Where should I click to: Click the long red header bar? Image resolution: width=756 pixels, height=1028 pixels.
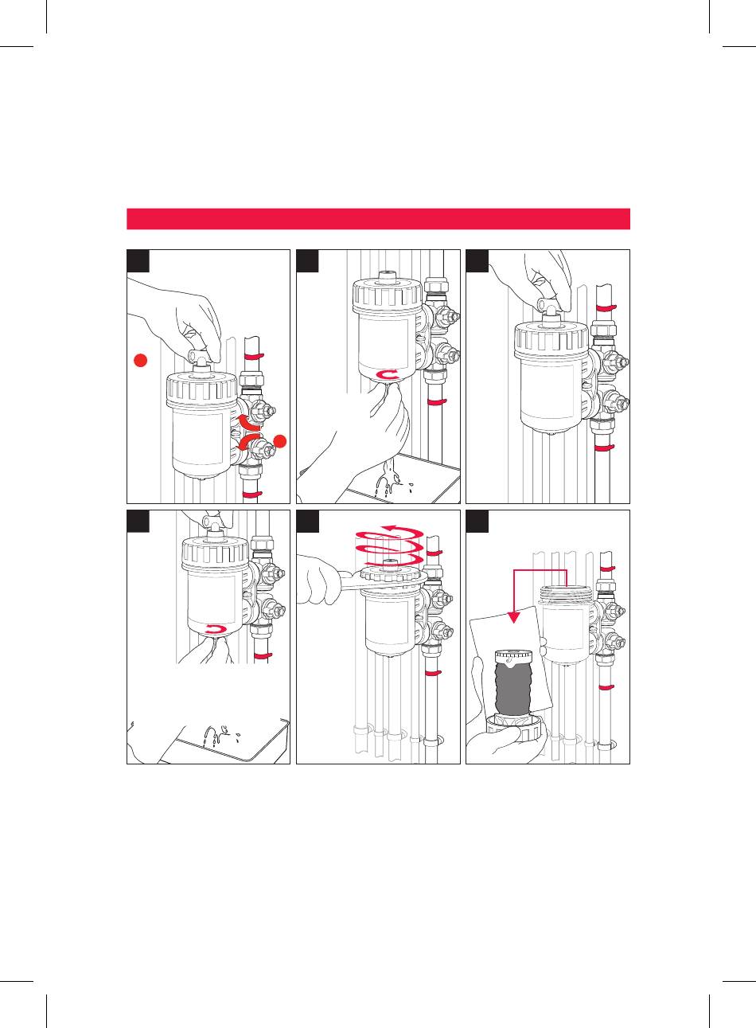point(378,219)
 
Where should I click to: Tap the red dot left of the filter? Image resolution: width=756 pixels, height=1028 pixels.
point(140,362)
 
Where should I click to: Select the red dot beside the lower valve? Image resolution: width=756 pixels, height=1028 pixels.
point(279,441)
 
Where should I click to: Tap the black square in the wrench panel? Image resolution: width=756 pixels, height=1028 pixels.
point(307,521)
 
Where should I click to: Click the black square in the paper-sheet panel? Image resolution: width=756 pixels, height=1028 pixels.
point(477,521)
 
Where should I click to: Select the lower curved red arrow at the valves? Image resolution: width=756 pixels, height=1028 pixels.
point(254,443)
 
